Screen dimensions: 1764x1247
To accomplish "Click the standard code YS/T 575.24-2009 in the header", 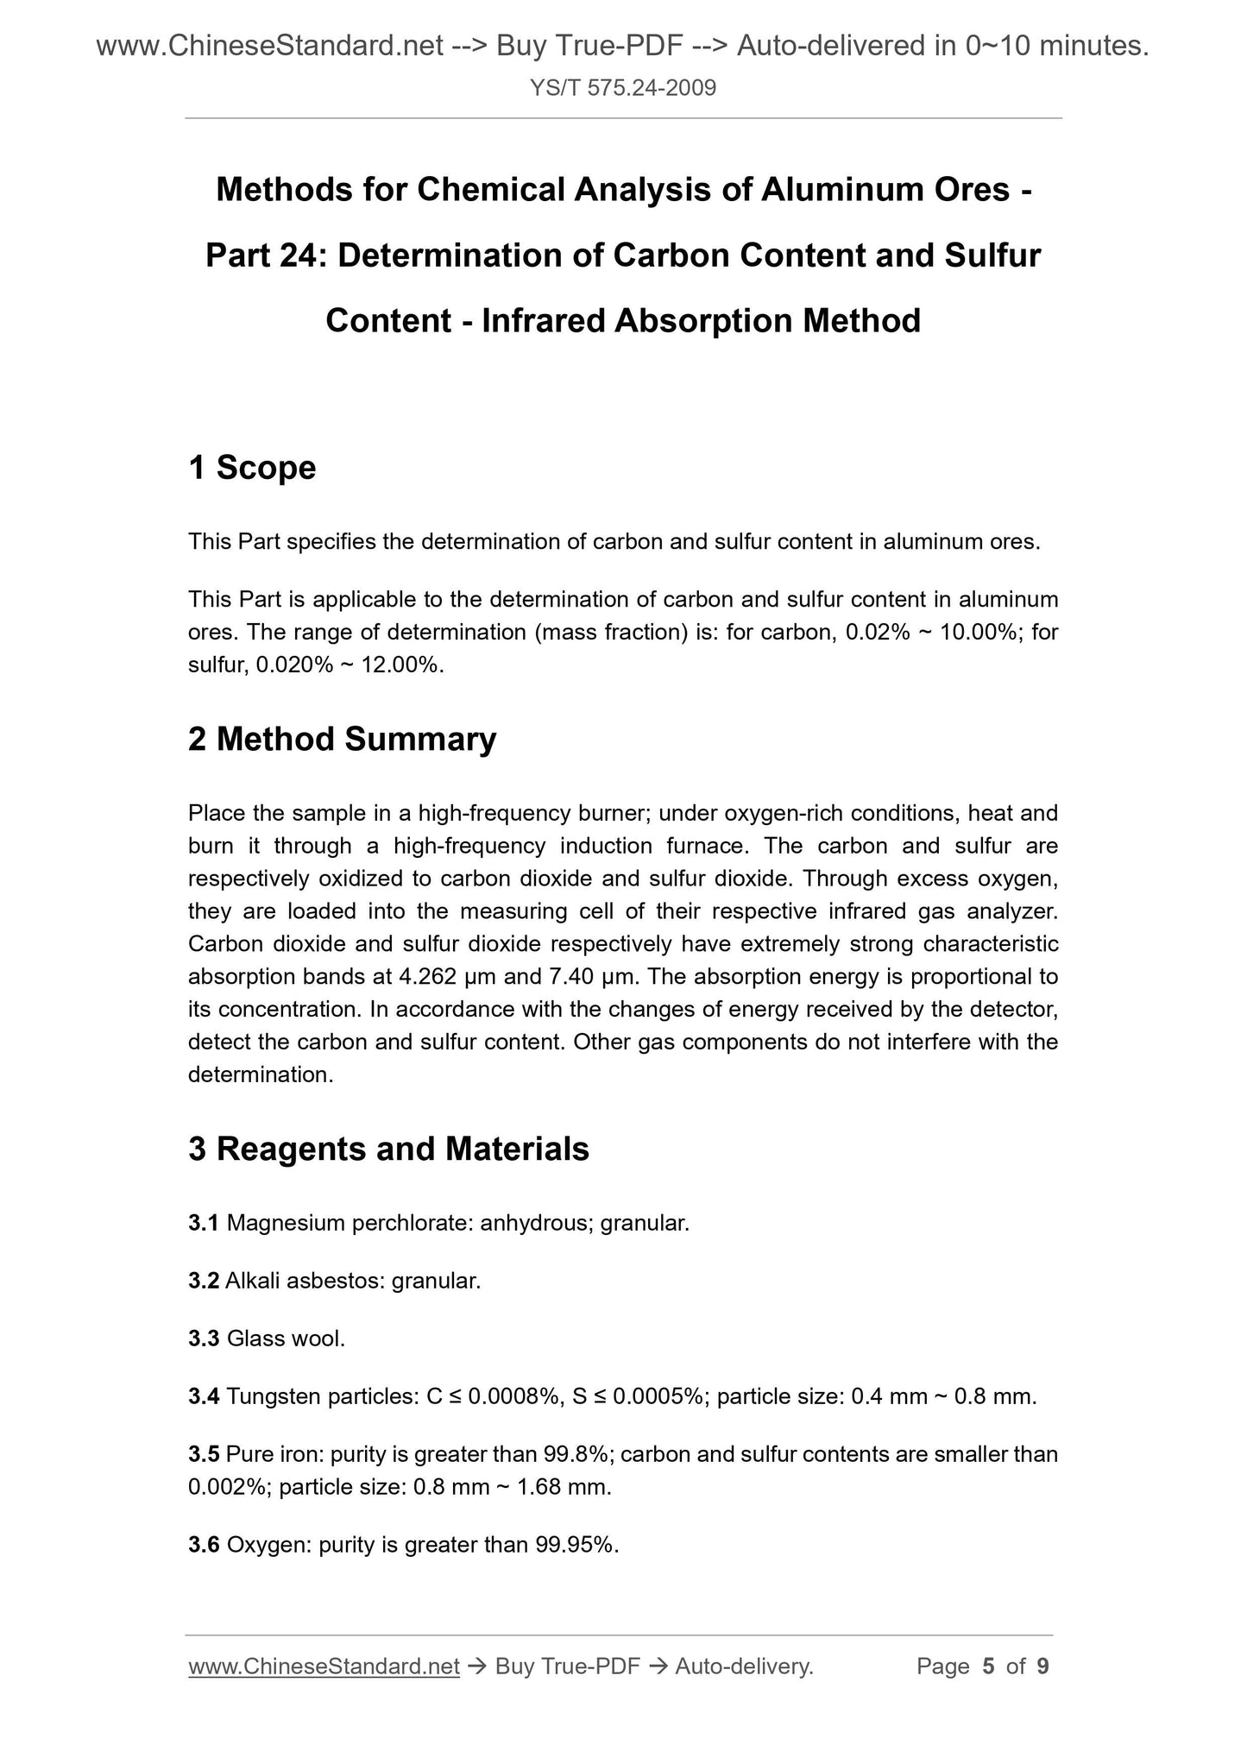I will click(x=623, y=88).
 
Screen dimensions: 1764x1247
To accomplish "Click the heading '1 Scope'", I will click(x=252, y=468).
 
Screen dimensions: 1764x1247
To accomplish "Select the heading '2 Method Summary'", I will click(x=342, y=740).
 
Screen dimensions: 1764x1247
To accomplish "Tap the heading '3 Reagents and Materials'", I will click(x=388, y=1149).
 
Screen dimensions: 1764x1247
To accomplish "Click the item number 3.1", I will click(x=204, y=1223).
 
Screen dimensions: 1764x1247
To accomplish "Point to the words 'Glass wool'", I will click(x=284, y=1339).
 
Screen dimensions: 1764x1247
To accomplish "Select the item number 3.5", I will click(x=204, y=1454).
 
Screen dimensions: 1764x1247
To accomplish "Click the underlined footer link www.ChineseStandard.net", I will click(x=324, y=1666).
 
